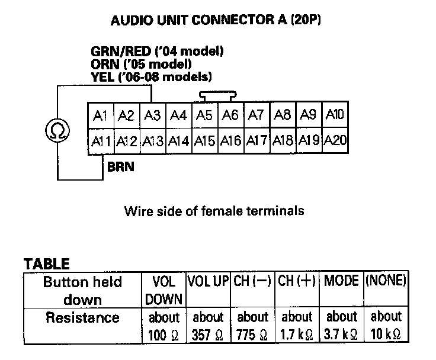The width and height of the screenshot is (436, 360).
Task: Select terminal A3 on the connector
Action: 153,115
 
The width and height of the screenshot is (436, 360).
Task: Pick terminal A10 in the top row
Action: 335,114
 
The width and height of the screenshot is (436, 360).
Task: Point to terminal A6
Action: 230,115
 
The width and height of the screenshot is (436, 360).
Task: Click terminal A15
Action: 204,141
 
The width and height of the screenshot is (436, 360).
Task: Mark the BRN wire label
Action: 120,167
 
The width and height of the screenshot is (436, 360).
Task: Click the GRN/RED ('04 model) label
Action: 157,52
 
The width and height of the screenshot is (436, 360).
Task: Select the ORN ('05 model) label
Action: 141,64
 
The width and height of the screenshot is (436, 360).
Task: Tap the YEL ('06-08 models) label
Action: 152,77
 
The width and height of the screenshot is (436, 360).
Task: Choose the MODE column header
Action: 341,281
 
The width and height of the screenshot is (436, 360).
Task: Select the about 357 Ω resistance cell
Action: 208,325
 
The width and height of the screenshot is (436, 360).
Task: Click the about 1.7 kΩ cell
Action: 297,325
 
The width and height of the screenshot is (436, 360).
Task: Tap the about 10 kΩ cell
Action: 385,325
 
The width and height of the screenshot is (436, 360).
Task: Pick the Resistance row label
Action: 82,317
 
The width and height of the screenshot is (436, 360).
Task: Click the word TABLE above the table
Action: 46,263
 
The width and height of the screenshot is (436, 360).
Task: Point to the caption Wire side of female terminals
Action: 214,210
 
